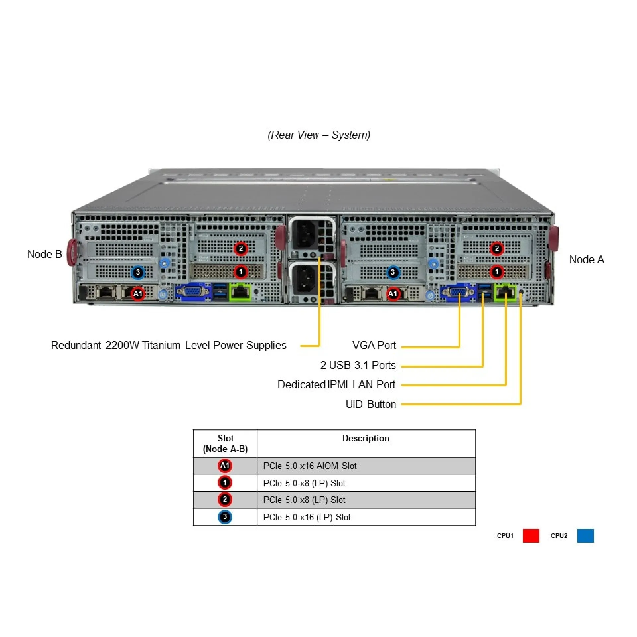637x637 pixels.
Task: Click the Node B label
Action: coord(44,254)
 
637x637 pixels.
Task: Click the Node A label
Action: coord(586,260)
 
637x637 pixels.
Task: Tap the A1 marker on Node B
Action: coord(138,293)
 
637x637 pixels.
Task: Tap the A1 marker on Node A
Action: coord(392,293)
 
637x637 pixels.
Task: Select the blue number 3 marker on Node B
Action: coord(138,273)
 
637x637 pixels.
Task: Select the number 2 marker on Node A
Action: coord(496,248)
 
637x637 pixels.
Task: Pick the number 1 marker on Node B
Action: coord(241,272)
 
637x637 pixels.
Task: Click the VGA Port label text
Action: coord(374,345)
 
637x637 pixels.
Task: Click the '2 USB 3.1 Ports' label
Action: coord(358,365)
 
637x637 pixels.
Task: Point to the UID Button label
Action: coord(371,404)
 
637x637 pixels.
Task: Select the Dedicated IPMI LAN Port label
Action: coord(336,385)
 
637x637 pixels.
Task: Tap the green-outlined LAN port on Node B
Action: coord(240,292)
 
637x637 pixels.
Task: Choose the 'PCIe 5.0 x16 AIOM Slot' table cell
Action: coord(310,466)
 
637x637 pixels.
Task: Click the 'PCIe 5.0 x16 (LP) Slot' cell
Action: coord(307,517)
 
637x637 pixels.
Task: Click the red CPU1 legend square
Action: coord(531,536)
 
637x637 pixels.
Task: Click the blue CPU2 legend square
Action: coord(585,536)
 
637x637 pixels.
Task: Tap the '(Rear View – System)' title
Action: coord(319,135)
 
